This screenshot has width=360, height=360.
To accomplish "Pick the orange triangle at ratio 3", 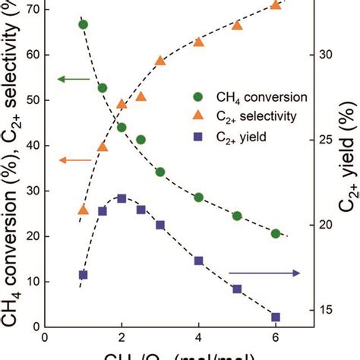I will click(160, 61).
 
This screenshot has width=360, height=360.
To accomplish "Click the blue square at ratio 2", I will click(122, 198).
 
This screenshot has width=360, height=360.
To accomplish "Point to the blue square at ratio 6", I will click(276, 317).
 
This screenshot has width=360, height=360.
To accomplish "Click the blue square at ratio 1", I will click(83, 274).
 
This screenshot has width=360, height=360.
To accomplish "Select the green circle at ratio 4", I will click(198, 197).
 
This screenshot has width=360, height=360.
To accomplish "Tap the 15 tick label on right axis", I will click(327, 310).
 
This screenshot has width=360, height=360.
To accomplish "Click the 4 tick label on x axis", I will click(198, 338).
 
